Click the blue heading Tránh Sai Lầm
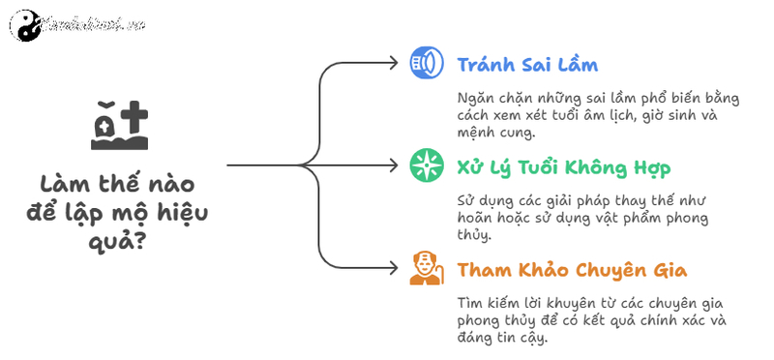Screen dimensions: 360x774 point(527,65)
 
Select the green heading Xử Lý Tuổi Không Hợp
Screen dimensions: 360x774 point(564,166)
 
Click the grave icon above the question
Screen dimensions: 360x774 point(120,127)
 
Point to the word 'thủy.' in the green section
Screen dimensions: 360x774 point(474,235)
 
